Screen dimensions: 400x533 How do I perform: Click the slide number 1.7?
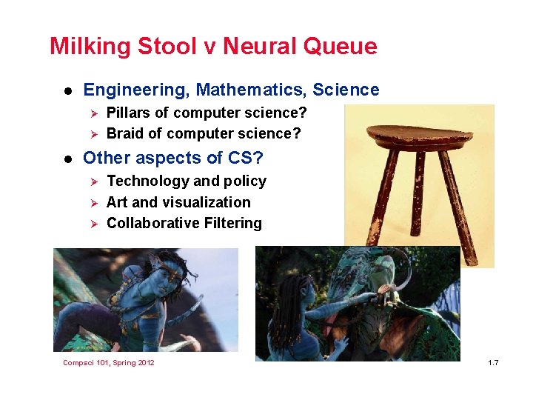pos(493,362)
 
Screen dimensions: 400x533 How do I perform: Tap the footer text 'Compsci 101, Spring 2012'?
pos(109,362)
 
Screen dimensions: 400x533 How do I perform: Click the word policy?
pos(246,181)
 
